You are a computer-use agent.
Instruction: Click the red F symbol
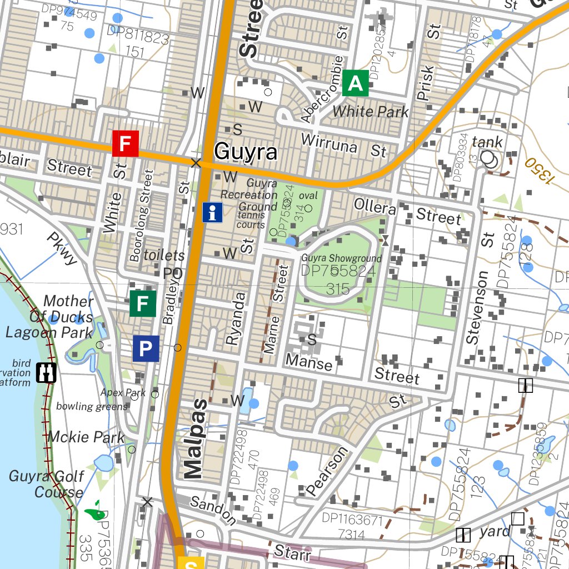point(125,144)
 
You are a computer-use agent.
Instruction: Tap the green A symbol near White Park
point(355,83)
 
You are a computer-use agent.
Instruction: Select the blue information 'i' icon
point(212,212)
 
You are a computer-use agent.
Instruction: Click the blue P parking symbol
point(146,349)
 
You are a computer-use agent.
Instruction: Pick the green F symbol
point(142,304)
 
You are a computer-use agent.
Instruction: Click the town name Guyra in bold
point(245,151)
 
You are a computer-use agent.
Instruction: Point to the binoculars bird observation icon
point(46,372)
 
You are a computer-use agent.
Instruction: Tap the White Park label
point(370,111)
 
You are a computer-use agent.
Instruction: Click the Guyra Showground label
point(341,258)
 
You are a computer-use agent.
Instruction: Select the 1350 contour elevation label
point(538,171)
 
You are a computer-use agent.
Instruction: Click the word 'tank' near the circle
point(487,142)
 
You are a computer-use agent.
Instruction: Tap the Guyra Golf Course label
point(47,484)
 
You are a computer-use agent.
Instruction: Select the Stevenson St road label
point(478,307)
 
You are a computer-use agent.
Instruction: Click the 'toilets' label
point(164,255)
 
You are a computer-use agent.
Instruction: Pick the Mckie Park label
point(86,437)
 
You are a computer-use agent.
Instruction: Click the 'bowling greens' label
point(92,406)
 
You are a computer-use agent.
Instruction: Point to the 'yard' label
point(495,531)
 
